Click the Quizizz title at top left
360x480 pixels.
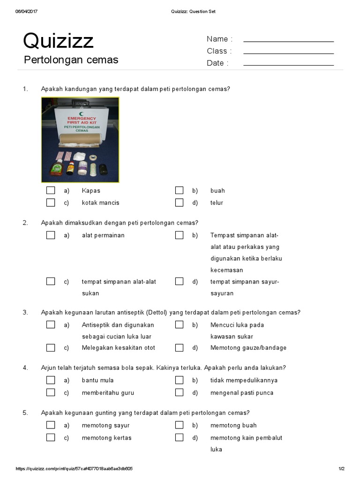pyautogui.click(x=58, y=41)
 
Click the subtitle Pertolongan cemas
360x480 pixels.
pyautogui.click(x=71, y=60)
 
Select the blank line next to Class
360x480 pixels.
pyautogui.click(x=288, y=53)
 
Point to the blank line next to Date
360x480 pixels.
pyautogui.click(x=288, y=65)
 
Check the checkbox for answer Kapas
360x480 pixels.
pyautogui.click(x=51, y=190)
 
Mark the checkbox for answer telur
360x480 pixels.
pyautogui.click(x=179, y=202)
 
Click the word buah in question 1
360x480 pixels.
pyautogui.click(x=217, y=191)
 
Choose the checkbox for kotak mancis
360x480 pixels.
pyautogui.click(x=51, y=202)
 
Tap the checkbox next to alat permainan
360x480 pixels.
pyautogui.click(x=51, y=235)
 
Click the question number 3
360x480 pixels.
pyautogui.click(x=25, y=313)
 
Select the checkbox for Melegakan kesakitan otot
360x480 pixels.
pyautogui.click(x=51, y=348)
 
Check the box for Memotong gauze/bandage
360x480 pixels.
pyautogui.click(x=179, y=348)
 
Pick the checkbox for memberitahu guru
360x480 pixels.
pyautogui.click(x=51, y=393)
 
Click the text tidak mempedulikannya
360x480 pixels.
pyautogui.click(x=244, y=380)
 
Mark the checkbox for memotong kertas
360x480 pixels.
pyautogui.click(x=51, y=438)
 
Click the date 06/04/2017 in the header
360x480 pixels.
pyautogui.click(x=26, y=12)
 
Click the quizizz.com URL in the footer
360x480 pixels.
pyautogui.click(x=74, y=469)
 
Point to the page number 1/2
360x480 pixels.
pyautogui.click(x=341, y=469)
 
